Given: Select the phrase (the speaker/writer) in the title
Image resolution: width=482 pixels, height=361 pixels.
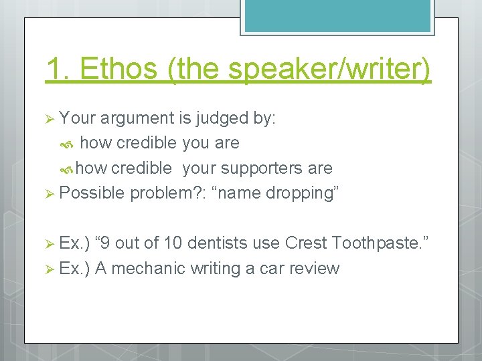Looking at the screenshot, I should coord(300,70).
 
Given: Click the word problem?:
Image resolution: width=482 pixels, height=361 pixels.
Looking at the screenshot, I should coord(168,193).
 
